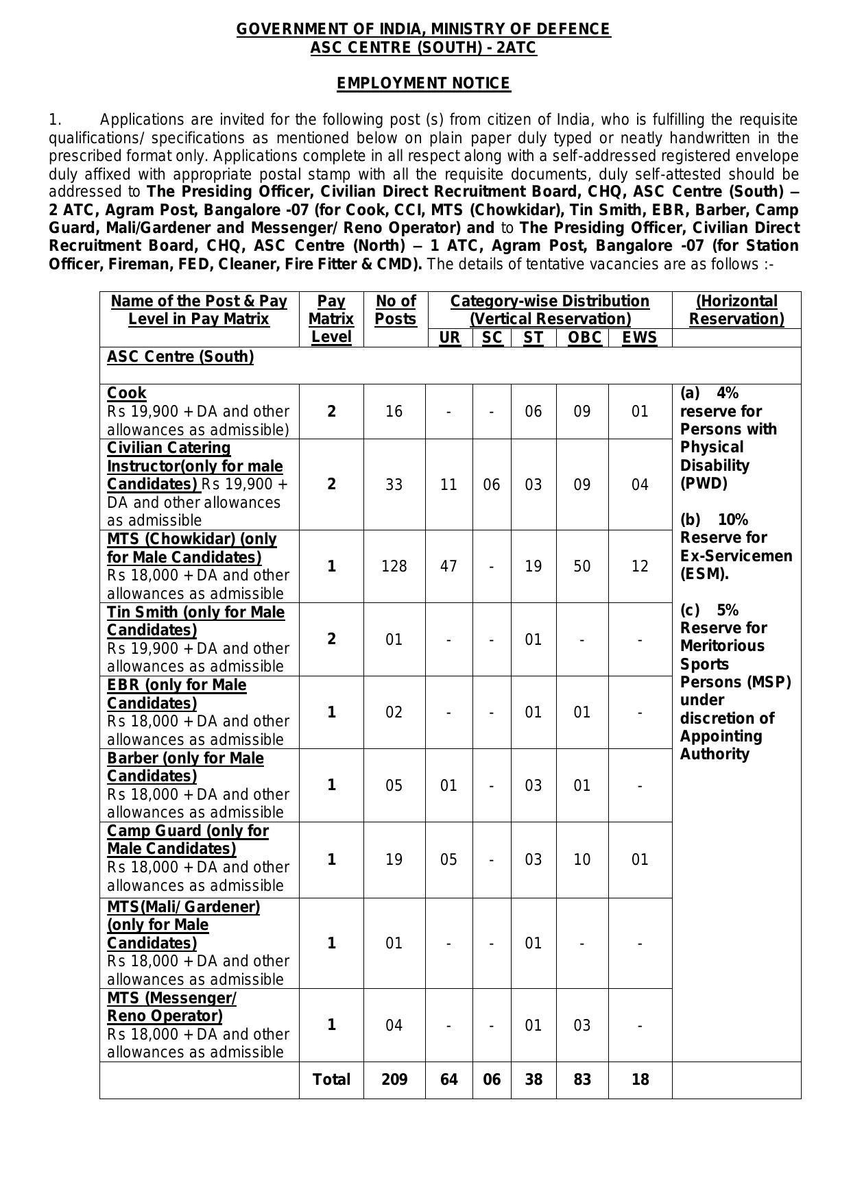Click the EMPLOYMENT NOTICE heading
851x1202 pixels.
423,84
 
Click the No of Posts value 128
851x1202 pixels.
394,566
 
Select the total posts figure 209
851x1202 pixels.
394,1079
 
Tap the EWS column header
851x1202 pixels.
639,337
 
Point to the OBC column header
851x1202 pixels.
584,337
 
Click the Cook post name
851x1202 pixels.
127,393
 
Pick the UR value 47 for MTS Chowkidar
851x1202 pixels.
448,566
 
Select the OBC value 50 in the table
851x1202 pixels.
582,566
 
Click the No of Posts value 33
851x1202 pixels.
394,485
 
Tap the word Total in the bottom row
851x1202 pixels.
331,1079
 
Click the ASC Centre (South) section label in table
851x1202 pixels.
180,356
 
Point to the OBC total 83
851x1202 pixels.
582,1079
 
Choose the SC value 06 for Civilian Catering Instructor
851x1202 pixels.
492,485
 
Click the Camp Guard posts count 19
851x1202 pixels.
394,859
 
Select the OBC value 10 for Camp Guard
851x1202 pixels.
582,859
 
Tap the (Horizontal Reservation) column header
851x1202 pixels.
736,310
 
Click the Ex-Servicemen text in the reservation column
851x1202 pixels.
736,556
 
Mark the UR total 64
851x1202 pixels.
448,1079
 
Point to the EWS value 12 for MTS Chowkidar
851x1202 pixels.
639,566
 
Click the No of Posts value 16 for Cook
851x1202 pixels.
394,411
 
